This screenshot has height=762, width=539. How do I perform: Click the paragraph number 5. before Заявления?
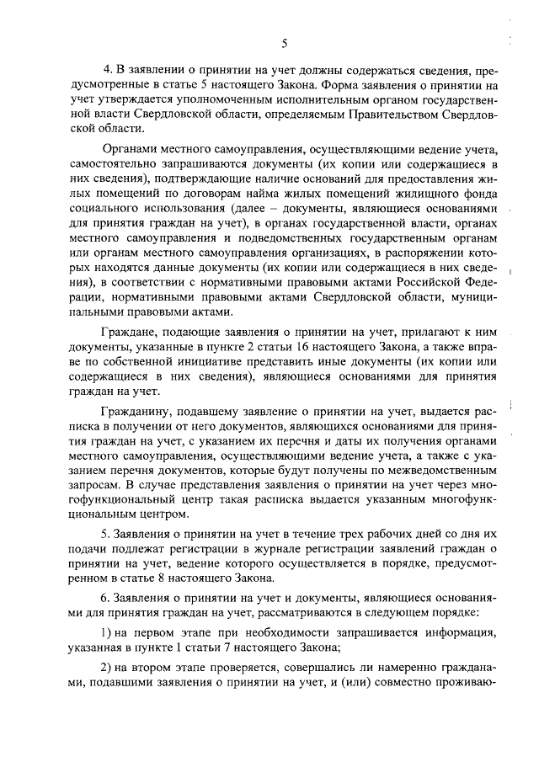pos(106,535)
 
